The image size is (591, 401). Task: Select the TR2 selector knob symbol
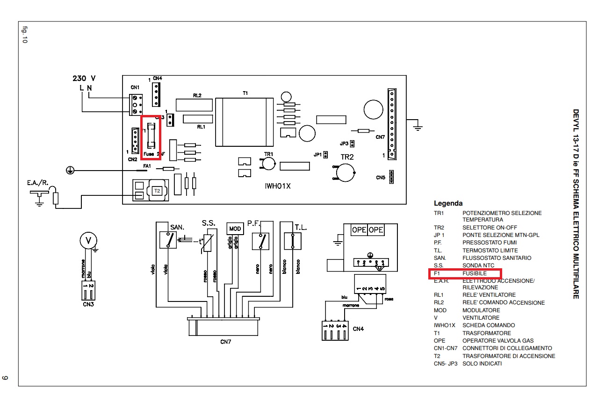click(345, 173)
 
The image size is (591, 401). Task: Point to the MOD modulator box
click(235, 229)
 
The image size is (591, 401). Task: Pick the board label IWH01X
click(278, 186)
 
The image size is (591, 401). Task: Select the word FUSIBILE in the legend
click(475, 273)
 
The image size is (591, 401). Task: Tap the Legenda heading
click(448, 203)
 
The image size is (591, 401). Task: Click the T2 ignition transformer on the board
click(158, 191)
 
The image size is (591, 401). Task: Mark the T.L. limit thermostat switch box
click(293, 241)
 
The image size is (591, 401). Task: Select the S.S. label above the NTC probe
click(208, 222)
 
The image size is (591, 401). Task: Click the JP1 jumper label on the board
click(318, 154)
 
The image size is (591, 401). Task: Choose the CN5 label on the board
click(381, 178)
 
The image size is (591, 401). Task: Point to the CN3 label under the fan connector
click(87, 304)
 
